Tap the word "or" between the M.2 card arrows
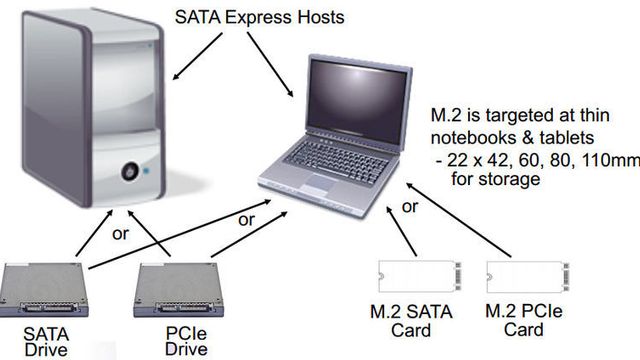click(x=409, y=208)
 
